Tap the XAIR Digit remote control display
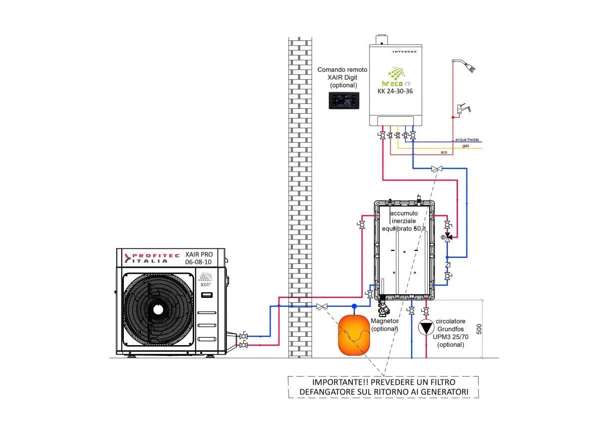[344, 100]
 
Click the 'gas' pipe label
[465, 146]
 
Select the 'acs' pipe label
[444, 152]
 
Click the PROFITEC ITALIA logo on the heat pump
[150, 257]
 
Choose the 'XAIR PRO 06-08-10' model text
[199, 257]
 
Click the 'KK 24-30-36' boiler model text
[396, 91]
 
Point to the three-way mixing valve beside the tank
[448, 236]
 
